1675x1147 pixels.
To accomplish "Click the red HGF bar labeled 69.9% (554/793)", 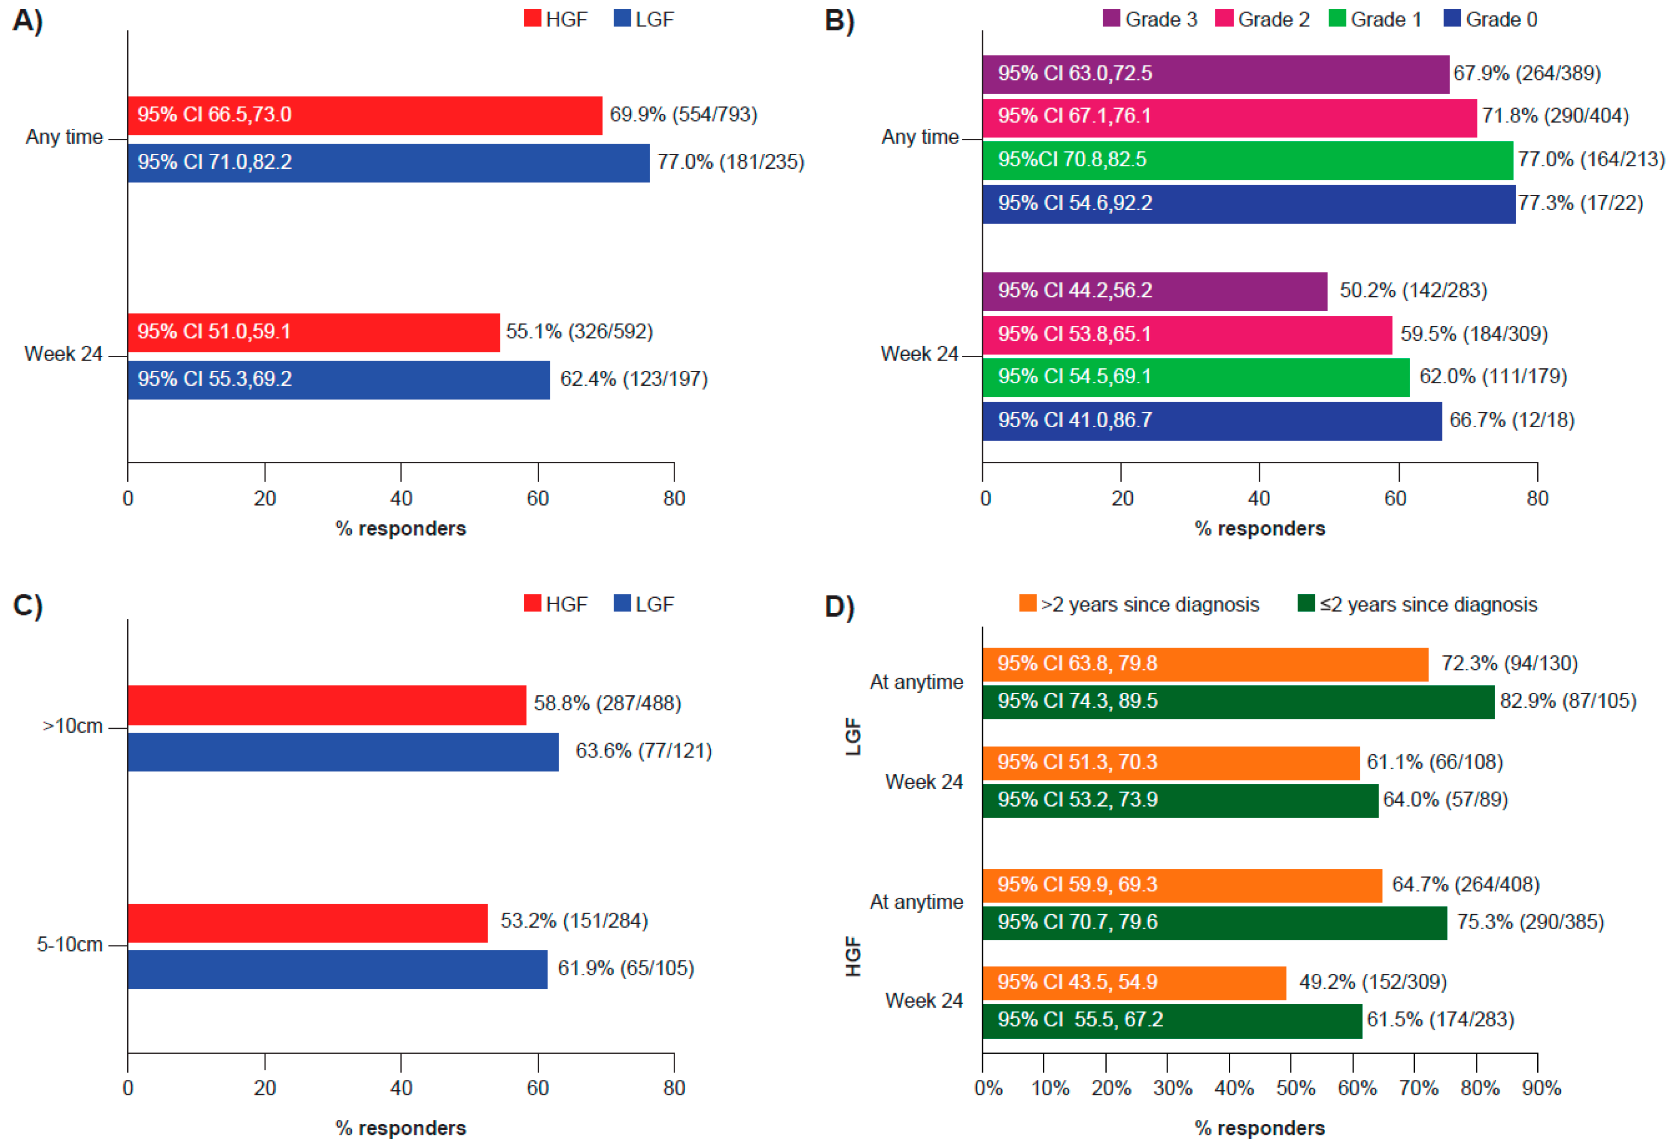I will point(365,115).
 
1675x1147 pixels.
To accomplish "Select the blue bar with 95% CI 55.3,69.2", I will point(339,380).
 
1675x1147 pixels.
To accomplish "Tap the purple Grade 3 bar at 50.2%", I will point(1154,291).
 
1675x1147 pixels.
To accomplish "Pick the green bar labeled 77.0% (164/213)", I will point(1247,160).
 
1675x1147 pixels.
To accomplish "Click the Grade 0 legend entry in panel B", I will point(1490,19).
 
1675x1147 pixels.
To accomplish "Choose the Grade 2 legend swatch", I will point(1224,19).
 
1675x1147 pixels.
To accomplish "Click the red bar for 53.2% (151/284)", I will point(308,923).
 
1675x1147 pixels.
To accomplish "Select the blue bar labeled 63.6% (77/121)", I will point(343,752).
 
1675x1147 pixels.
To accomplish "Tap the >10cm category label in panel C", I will point(72,726).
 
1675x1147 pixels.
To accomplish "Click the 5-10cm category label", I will point(69,945).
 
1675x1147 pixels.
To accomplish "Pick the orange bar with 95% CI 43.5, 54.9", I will point(1134,983).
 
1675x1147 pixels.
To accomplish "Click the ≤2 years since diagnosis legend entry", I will point(1417,604).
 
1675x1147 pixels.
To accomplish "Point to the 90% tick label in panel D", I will point(1541,1088).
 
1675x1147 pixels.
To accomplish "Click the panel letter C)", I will point(27,606).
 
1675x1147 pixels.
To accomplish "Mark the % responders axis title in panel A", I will point(401,529).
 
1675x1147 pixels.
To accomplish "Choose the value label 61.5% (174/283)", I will point(1440,1019).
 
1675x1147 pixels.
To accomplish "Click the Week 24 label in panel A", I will point(64,354).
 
